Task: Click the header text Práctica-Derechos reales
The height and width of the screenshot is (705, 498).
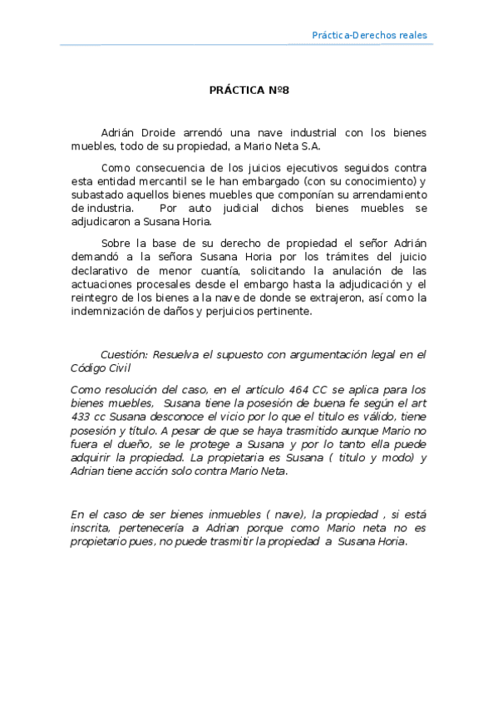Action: tap(369, 35)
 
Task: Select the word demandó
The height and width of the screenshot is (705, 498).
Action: tap(98, 258)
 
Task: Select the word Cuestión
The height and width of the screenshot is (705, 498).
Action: tap(126, 354)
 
